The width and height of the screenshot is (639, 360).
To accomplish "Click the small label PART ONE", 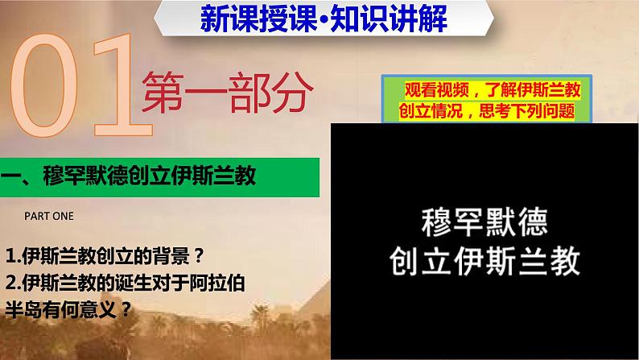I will [48, 215].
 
